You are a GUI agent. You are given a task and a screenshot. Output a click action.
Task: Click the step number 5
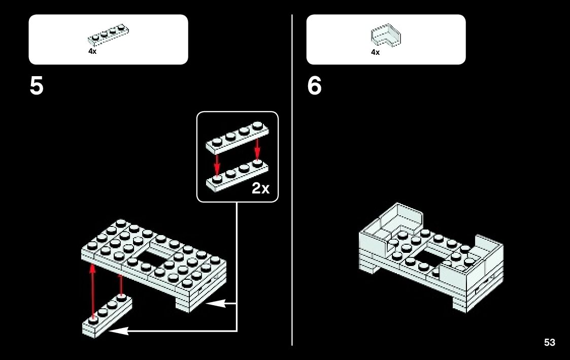pos(37,86)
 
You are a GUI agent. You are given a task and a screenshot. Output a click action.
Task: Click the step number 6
pos(314,86)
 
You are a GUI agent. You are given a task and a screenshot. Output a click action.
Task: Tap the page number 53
pos(549,343)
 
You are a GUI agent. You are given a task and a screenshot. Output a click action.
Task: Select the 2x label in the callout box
pos(260,189)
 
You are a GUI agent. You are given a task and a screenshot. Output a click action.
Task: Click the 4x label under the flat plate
pos(92,51)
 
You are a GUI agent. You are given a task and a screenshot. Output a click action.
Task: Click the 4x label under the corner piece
pos(375,52)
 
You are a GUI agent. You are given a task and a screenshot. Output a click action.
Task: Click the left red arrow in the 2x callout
pos(217,163)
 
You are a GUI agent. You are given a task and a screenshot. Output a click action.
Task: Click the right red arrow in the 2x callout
pos(257,148)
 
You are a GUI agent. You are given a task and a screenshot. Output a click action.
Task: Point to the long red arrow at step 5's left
pos(92,289)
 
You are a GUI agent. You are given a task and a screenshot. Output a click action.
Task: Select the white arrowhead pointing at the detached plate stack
pos(118,331)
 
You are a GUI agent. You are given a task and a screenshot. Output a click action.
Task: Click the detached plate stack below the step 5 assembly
pos(107,315)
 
